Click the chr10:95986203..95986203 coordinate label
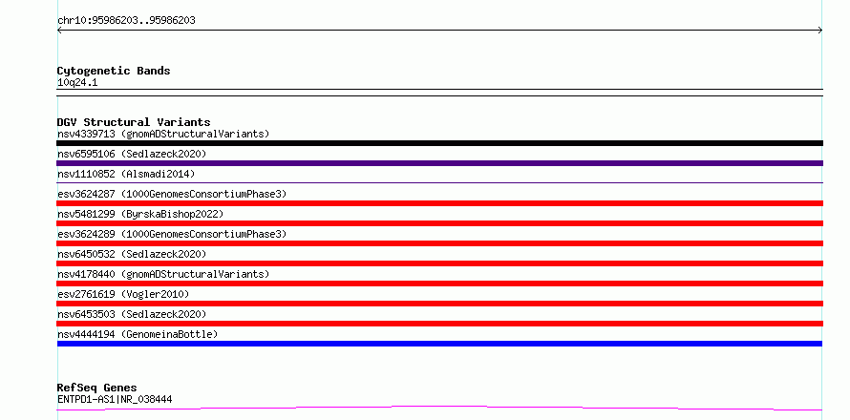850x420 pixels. coord(126,21)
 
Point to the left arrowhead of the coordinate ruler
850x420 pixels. coord(59,31)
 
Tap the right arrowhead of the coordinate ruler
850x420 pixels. coord(820,31)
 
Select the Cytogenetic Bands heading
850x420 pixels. coord(114,71)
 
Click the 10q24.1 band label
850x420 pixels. coord(77,83)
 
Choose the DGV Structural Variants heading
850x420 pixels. coord(134,122)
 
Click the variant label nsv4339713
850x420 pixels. coord(86,134)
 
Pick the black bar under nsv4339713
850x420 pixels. coord(439,143)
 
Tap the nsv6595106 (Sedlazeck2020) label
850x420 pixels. coord(132,154)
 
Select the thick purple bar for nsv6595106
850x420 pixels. coord(439,163)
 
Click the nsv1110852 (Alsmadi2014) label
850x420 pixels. coord(126,174)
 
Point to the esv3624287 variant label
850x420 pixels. coord(86,194)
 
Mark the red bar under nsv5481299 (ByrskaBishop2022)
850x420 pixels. coord(439,223)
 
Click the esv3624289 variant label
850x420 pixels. coord(86,234)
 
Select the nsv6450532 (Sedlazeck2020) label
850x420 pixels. coord(132,254)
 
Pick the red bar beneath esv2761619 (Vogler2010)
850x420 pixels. coord(439,304)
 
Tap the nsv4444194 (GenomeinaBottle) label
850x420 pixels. coord(138,334)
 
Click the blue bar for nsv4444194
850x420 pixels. coord(439,344)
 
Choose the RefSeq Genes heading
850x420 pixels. coord(97,388)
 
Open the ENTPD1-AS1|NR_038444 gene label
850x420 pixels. coord(115,399)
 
